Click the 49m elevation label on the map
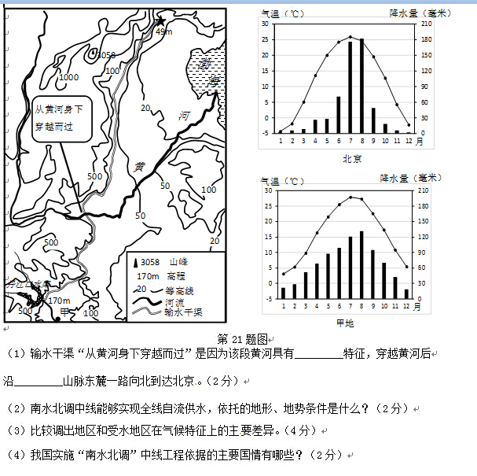[x=163, y=31]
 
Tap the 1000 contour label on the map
[x=68, y=77]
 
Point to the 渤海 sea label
[x=209, y=71]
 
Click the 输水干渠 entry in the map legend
[x=184, y=312]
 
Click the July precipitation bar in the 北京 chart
[x=350, y=87]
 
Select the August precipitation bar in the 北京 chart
[x=362, y=86]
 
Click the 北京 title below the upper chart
[x=352, y=158]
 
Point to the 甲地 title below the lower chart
[x=344, y=323]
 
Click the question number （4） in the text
[x=17, y=455]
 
